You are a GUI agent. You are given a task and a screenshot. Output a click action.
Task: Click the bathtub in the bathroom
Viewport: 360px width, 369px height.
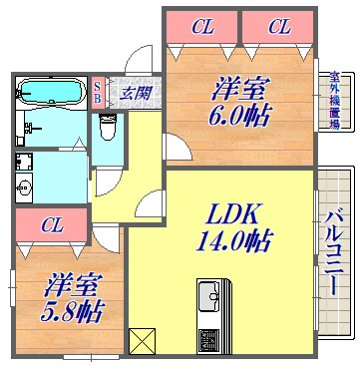pos(50,93)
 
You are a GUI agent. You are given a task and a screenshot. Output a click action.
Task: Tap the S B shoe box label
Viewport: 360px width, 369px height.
pos(97,93)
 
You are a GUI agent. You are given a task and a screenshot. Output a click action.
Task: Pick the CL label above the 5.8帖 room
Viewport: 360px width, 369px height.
pos(51,225)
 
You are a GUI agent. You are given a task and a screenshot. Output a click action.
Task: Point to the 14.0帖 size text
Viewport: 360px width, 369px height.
pos(235,241)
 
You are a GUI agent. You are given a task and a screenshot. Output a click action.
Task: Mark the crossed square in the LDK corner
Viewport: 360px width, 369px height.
pos(142,341)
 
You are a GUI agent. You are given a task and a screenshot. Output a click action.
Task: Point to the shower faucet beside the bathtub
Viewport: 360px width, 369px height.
pos(34,128)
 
